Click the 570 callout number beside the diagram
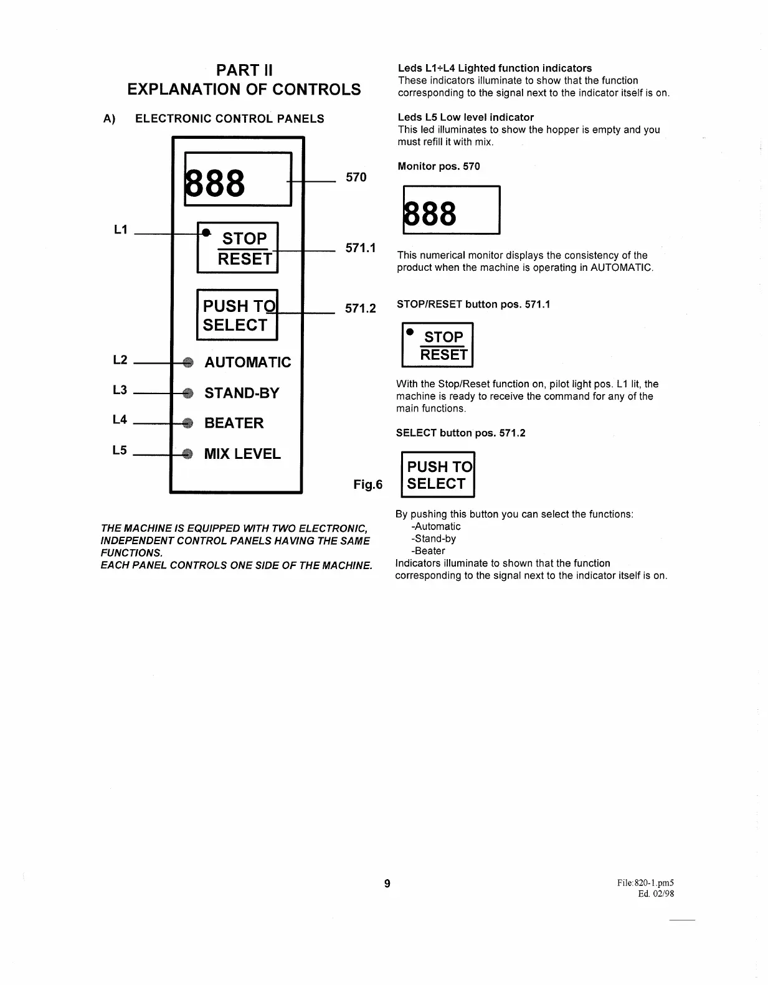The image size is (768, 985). [x=356, y=177]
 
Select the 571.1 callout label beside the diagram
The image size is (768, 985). [x=361, y=248]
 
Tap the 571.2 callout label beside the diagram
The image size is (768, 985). [x=361, y=308]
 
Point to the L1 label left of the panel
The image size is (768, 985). [x=120, y=230]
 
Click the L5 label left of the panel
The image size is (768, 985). [x=120, y=450]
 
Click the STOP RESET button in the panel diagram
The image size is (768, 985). [x=237, y=248]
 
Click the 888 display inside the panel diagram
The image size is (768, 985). [x=238, y=179]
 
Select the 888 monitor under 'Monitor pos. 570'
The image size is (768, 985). [x=451, y=210]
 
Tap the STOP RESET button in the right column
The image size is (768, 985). [x=437, y=346]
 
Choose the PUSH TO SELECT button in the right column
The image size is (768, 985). [x=437, y=474]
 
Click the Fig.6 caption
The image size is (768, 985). [x=367, y=484]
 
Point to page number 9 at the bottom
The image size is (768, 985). [x=387, y=883]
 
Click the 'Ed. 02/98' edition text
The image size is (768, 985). [x=656, y=894]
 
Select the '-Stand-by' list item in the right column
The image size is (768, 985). [x=434, y=539]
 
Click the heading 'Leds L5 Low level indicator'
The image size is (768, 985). [x=465, y=117]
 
